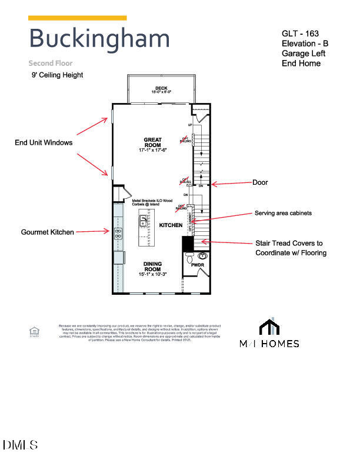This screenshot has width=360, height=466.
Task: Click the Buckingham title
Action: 99,38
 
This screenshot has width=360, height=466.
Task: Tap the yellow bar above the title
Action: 77,18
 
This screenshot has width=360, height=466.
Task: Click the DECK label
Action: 153,89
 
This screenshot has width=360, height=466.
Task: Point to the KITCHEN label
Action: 171,225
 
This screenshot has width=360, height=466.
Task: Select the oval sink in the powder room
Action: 204,256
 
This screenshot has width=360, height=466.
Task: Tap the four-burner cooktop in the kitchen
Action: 118,232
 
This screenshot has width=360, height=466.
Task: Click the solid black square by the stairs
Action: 188,243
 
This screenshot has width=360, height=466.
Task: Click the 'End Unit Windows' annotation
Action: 44,142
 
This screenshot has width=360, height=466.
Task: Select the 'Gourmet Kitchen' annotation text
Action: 48,232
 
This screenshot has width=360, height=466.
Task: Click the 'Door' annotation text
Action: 260,182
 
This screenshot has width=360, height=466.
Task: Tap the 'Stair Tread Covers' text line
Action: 289,243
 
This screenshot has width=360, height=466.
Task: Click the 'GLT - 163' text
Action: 300,34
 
